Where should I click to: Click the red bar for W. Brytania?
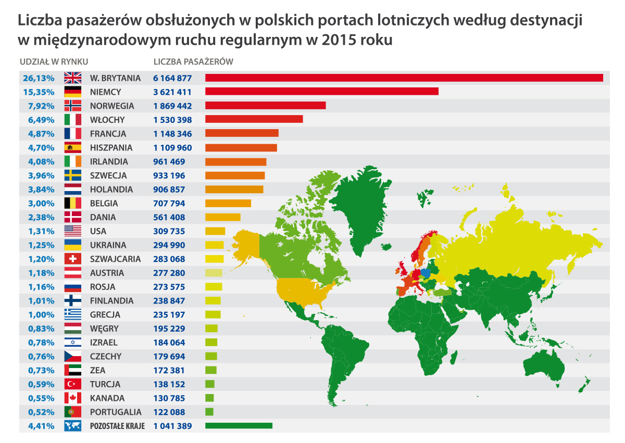point(404,78)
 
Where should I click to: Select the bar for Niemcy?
point(321,92)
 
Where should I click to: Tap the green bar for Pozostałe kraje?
point(239,426)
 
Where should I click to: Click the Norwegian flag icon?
point(72,106)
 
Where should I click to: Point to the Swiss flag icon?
point(72,259)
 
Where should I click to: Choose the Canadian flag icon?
point(72,398)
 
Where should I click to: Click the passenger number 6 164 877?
point(172,78)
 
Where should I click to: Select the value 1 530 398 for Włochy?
point(172,120)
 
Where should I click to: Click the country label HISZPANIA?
point(111,148)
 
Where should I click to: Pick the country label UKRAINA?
point(108,245)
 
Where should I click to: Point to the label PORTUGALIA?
point(115,412)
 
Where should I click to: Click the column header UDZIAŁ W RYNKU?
point(54,61)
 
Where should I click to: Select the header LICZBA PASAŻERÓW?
point(193,61)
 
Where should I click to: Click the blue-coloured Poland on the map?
point(426,272)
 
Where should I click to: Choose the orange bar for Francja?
point(242,134)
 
